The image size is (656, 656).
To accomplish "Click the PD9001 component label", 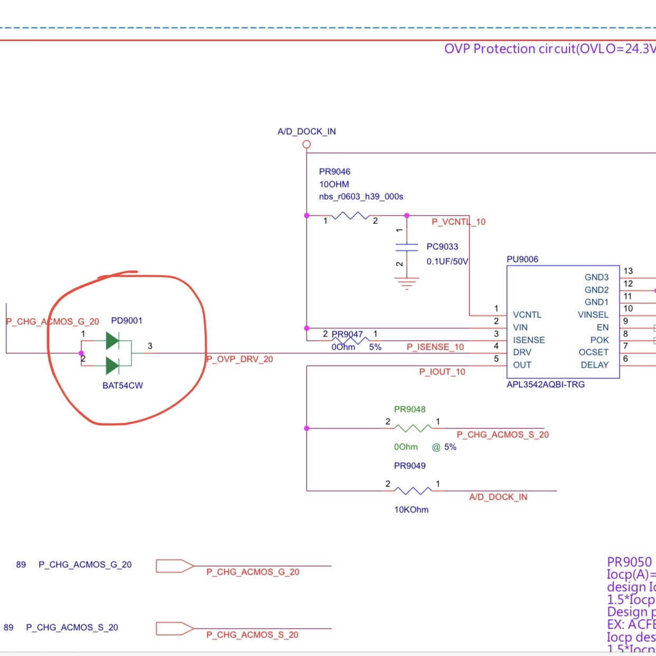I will (127, 321).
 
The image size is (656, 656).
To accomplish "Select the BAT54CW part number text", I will (123, 386).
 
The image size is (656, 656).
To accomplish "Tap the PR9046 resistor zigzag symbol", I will (350, 215).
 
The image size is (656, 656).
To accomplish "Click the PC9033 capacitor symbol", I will (406, 247).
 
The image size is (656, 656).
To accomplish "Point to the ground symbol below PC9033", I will (406, 284).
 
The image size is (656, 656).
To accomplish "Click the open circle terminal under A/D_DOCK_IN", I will (306, 144).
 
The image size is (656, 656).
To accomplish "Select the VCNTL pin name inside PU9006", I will (527, 315).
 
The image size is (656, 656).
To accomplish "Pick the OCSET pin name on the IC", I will (594, 352).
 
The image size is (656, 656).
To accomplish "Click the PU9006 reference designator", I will (522, 259).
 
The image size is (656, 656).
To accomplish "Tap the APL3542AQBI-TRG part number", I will (546, 385).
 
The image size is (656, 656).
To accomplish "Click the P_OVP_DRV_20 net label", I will (240, 359).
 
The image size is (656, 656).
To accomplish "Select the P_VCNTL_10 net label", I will (458, 222).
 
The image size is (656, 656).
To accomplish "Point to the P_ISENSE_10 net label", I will (435, 347).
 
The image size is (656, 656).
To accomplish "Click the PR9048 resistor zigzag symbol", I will (413, 428).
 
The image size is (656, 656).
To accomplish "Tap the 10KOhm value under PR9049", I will (411, 510).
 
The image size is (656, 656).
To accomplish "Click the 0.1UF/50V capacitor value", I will (447, 261).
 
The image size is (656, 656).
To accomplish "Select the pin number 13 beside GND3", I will (628, 271).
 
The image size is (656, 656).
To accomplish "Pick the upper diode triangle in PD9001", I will (113, 341).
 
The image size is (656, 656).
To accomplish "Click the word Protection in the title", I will (504, 49).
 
